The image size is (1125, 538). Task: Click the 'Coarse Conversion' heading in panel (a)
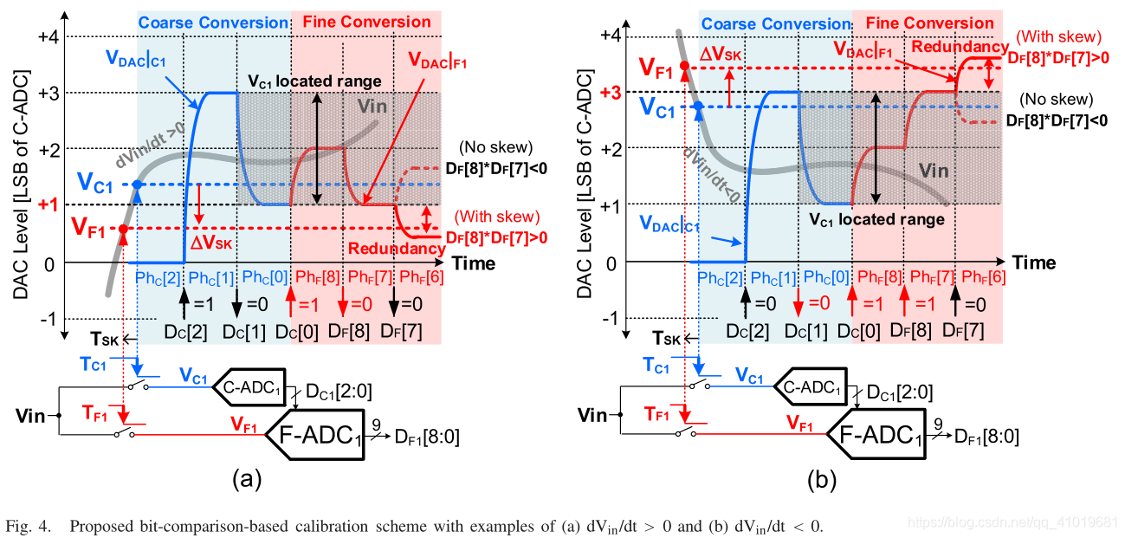pos(212,23)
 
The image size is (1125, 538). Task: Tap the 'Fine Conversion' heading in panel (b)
pos(930,23)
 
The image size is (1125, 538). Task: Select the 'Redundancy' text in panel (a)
pos(396,250)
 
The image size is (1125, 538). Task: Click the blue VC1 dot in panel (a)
pos(137,185)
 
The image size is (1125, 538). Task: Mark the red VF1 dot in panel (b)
pos(685,66)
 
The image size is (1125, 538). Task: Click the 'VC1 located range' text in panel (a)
pos(314,81)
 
